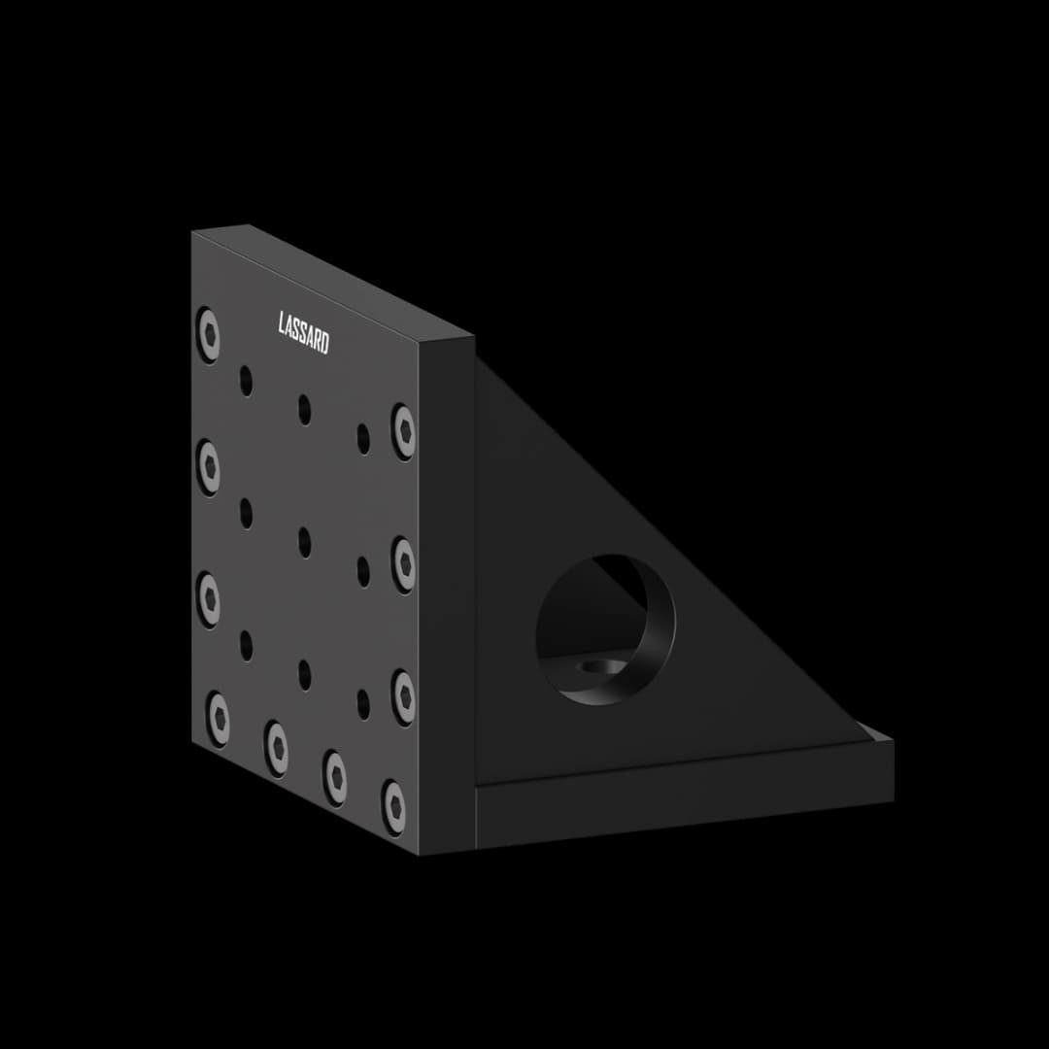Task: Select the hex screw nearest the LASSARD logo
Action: coord(208,334)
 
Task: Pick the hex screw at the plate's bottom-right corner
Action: coord(394,804)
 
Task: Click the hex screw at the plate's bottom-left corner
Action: coord(219,720)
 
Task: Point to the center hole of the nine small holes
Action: coord(305,542)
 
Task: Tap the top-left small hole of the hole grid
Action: coord(246,381)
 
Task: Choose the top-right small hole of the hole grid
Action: coord(363,438)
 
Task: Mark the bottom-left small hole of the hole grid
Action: coord(246,645)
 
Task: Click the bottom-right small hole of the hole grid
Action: coord(363,704)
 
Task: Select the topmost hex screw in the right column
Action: coord(403,431)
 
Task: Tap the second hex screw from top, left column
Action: coord(208,466)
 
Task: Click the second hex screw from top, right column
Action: coord(403,562)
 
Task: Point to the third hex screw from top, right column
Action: coord(403,694)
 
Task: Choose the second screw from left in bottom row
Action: coord(278,748)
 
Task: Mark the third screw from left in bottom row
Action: coord(336,776)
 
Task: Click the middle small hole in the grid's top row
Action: coord(305,409)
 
